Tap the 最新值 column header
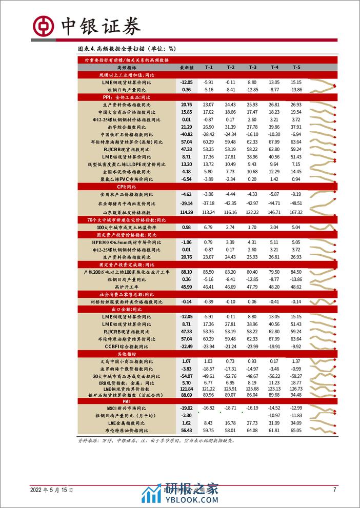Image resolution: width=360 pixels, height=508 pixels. tap(186, 67)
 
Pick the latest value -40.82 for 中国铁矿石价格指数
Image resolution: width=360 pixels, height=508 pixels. tap(186, 134)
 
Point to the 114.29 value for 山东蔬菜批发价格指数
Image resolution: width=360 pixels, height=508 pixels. tap(186, 212)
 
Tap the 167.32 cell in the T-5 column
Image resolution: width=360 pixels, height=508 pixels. tap(296, 212)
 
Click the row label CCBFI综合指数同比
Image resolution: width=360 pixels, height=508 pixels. tap(127, 347)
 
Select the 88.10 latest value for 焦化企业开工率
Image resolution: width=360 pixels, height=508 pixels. tap(186, 272)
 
